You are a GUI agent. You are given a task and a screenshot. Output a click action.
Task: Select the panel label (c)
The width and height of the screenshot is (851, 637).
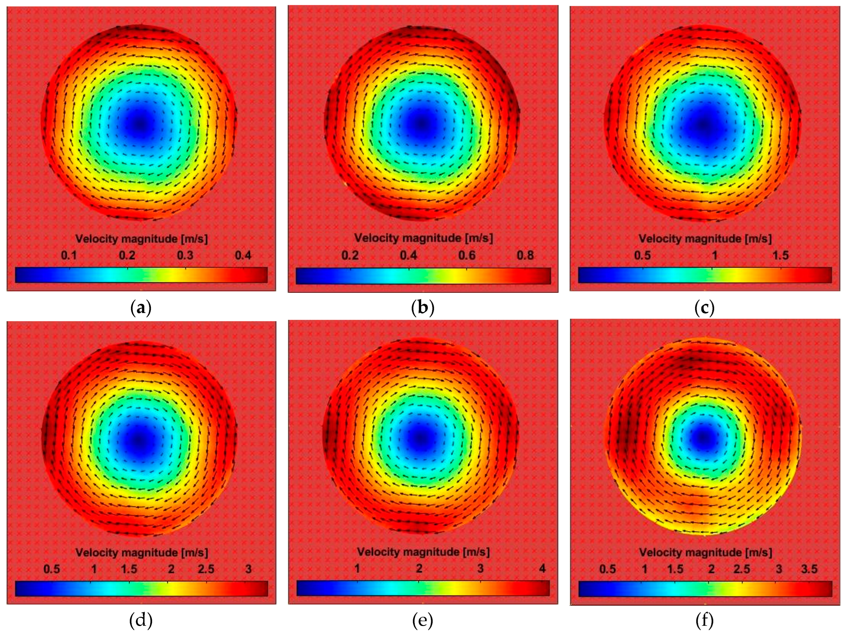[705, 308]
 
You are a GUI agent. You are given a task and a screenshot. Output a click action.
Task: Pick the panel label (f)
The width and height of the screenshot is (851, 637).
[705, 620]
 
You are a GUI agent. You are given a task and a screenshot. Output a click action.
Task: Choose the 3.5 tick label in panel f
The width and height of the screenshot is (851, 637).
[809, 569]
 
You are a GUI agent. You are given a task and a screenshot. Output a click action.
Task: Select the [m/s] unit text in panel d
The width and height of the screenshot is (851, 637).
[194, 553]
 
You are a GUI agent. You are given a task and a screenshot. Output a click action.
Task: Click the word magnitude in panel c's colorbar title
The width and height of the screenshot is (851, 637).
[713, 239]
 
